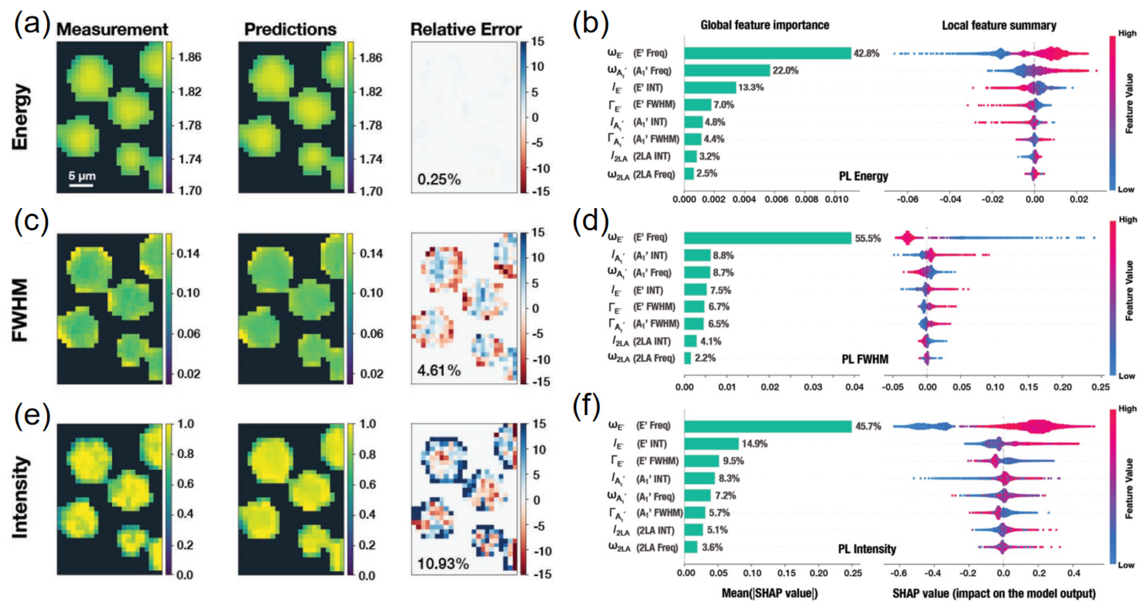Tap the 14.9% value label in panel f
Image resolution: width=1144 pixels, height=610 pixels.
pos(754,444)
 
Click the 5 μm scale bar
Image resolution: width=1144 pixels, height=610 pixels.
pos(81,185)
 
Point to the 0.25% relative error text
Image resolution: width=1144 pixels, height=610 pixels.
pos(439,179)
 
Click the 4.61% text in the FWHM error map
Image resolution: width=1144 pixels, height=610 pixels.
pos(439,370)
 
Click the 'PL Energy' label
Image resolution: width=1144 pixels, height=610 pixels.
pos(863,176)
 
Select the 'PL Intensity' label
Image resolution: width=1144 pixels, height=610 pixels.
pos(866,549)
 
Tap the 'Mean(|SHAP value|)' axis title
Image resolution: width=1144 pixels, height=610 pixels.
pos(769,593)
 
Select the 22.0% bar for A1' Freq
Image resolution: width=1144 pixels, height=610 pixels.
pos(727,70)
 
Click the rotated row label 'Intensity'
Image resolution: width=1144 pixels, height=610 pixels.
pos(20,497)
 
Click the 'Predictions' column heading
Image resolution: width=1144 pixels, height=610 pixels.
pos(290,30)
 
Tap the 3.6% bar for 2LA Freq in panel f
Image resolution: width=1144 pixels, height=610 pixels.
pos(691,547)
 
